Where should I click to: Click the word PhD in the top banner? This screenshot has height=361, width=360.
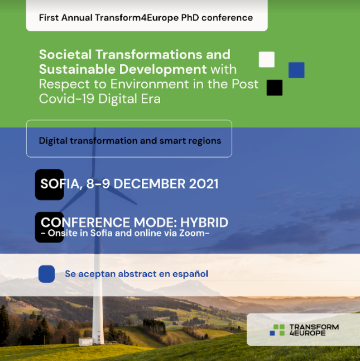point(190,18)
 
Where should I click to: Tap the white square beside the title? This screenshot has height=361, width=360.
point(267,59)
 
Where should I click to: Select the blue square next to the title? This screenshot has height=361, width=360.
point(296,70)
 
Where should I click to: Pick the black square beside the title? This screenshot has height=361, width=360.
point(275,88)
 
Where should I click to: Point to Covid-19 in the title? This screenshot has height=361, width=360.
point(66,98)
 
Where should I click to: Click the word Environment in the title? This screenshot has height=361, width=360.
point(150,84)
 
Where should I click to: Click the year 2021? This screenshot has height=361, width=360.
point(204,184)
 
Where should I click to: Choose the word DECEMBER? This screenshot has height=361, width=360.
point(150,184)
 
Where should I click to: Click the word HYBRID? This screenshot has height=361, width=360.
point(204,222)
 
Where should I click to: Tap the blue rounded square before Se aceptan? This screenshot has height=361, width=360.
point(47,274)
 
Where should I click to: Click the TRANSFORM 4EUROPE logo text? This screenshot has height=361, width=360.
point(314,330)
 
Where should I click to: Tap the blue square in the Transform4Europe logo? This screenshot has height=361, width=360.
point(272,333)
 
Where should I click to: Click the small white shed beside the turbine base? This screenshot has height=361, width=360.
point(85,341)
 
